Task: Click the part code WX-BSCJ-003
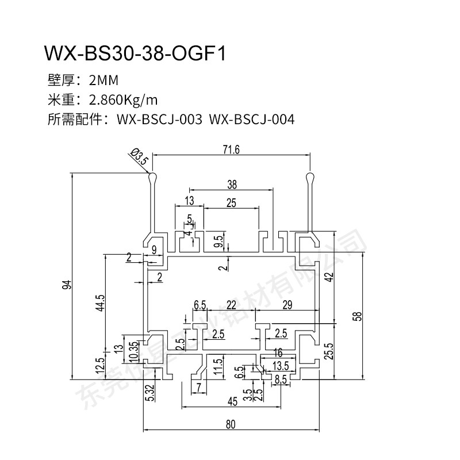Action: tap(159, 120)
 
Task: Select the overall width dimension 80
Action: tap(230, 424)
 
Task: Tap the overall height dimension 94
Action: tap(66, 285)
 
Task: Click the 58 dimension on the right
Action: tap(359, 316)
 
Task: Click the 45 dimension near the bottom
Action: tap(231, 401)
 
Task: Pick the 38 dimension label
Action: tap(232, 185)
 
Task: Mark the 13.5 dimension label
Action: tap(280, 366)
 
